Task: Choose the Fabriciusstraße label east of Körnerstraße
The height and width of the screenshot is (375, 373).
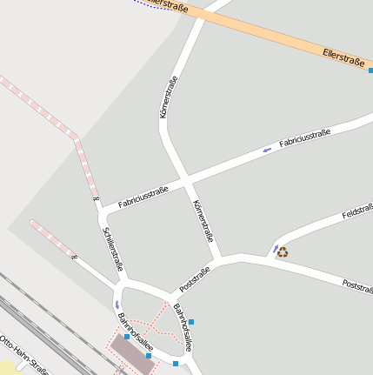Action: [x=304, y=136]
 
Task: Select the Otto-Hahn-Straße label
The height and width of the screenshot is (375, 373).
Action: [x=22, y=357]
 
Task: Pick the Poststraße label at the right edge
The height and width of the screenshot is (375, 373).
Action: [x=357, y=285]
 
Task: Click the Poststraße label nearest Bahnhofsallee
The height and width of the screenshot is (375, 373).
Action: [x=196, y=278]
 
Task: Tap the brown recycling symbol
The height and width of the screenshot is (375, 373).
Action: [x=283, y=252]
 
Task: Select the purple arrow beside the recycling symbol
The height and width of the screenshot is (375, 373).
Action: [x=276, y=251]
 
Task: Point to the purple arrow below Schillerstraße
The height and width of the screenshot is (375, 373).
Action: [x=117, y=304]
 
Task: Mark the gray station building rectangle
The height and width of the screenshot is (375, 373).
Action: [x=131, y=352]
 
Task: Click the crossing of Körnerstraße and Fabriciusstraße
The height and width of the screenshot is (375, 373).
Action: [x=185, y=181]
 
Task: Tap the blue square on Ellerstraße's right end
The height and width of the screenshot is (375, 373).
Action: [x=370, y=70]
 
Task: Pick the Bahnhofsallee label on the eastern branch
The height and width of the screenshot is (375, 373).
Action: [x=182, y=320]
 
